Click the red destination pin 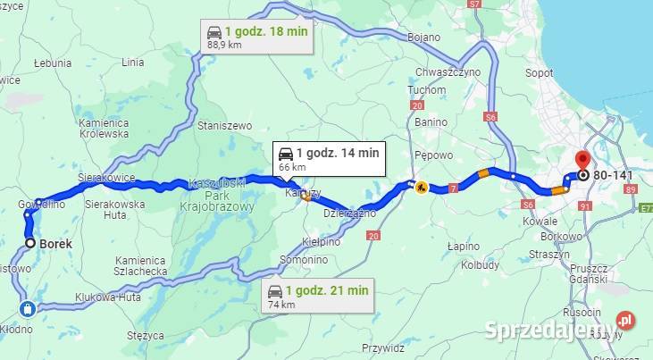(582, 161)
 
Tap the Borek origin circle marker (30, 243)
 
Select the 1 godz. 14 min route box (330, 158)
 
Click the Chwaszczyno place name (448, 71)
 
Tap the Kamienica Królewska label (104, 128)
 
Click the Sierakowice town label (105, 179)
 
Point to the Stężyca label (145, 336)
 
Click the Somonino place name (301, 258)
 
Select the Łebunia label (52, 63)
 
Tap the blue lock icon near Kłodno (27, 309)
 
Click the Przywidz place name (384, 349)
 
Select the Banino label (431, 121)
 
